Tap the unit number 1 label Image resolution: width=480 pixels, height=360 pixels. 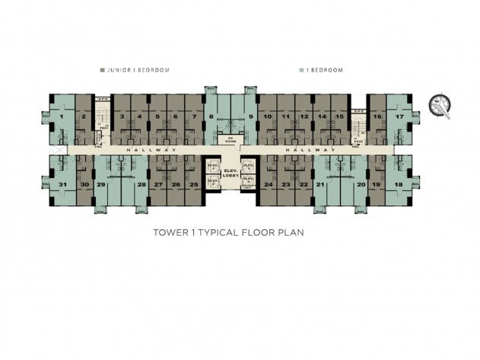pyautogui.click(x=62, y=116)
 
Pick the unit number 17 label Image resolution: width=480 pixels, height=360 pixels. pyautogui.click(x=399, y=116)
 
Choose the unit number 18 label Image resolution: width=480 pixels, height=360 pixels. pyautogui.click(x=399, y=185)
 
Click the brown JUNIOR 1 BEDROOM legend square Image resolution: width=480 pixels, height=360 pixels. pyautogui.click(x=103, y=70)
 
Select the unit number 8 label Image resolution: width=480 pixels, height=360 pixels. pyautogui.click(x=211, y=116)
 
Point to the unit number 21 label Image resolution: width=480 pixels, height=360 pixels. pyautogui.click(x=320, y=185)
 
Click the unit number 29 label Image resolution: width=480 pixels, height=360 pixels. pyautogui.click(x=100, y=185)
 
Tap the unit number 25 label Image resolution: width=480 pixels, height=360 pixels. pyautogui.click(x=194, y=185)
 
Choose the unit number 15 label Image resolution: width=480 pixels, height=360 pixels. pyautogui.click(x=340, y=116)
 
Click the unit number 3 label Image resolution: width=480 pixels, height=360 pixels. pyautogui.click(x=122, y=116)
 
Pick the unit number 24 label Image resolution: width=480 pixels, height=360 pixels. pyautogui.click(x=268, y=185)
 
